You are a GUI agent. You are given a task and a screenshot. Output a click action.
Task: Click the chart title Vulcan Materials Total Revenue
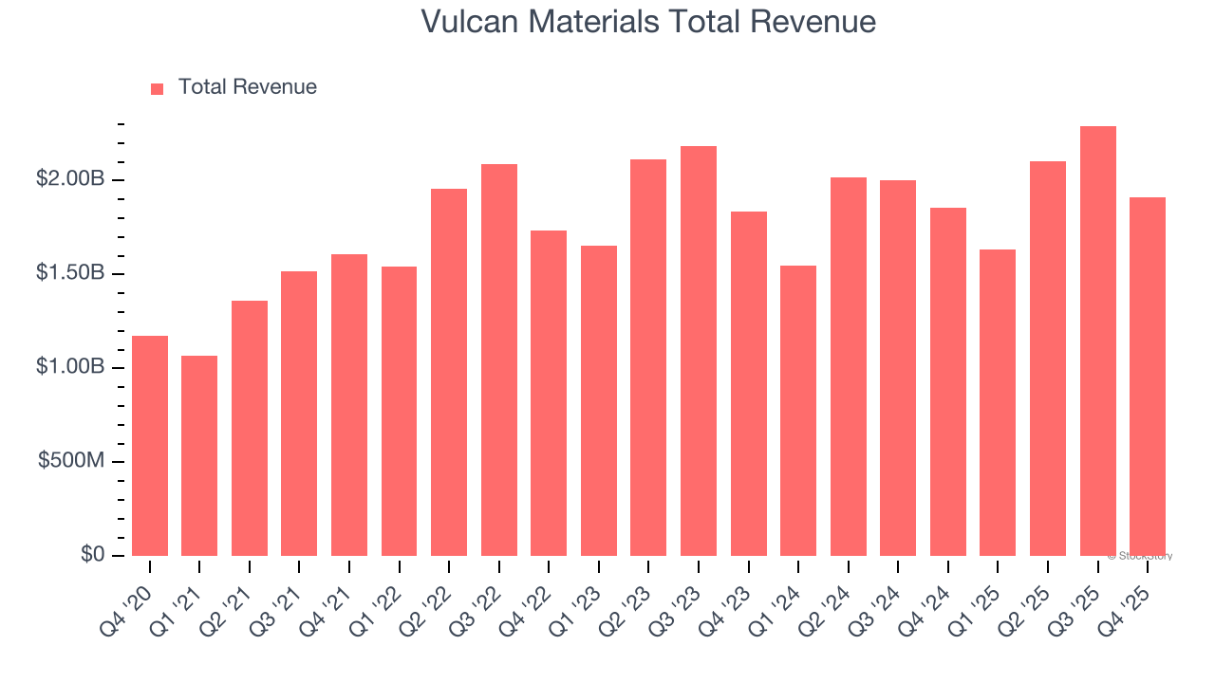pyautogui.click(x=648, y=22)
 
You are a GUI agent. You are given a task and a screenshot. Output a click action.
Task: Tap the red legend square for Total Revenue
pyautogui.click(x=158, y=88)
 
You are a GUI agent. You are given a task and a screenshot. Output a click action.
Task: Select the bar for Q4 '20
pyautogui.click(x=150, y=446)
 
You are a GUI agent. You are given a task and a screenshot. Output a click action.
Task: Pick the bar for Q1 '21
pyautogui.click(x=199, y=455)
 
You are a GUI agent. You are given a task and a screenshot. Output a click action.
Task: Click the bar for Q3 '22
pyautogui.click(x=499, y=360)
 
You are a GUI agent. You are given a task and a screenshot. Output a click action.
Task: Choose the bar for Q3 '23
pyautogui.click(x=699, y=351)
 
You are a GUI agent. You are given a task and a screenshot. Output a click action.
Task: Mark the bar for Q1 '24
pyautogui.click(x=798, y=411)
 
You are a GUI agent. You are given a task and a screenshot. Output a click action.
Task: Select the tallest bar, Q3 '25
pyautogui.click(x=1098, y=341)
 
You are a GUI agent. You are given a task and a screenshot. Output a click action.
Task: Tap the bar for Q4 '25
pyautogui.click(x=1148, y=377)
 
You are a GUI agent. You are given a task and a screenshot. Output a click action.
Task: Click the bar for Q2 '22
pyautogui.click(x=449, y=372)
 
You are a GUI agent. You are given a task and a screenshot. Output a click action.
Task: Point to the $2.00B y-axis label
pyautogui.click(x=71, y=179)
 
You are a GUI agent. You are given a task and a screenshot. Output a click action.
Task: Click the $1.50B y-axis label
pyautogui.click(x=71, y=273)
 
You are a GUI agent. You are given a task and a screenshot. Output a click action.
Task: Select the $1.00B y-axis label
pyautogui.click(x=71, y=367)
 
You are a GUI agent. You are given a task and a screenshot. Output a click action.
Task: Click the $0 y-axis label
pyautogui.click(x=92, y=555)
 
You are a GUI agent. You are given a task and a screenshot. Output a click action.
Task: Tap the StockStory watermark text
pyautogui.click(x=1139, y=556)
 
